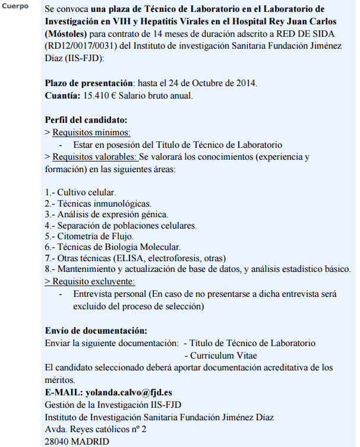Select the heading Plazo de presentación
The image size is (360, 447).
90,84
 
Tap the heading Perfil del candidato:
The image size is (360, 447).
86,120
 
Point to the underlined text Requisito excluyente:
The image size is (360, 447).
93,281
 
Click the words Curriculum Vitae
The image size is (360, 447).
223,355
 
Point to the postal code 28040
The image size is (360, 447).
58,441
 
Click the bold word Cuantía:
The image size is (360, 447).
62,96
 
